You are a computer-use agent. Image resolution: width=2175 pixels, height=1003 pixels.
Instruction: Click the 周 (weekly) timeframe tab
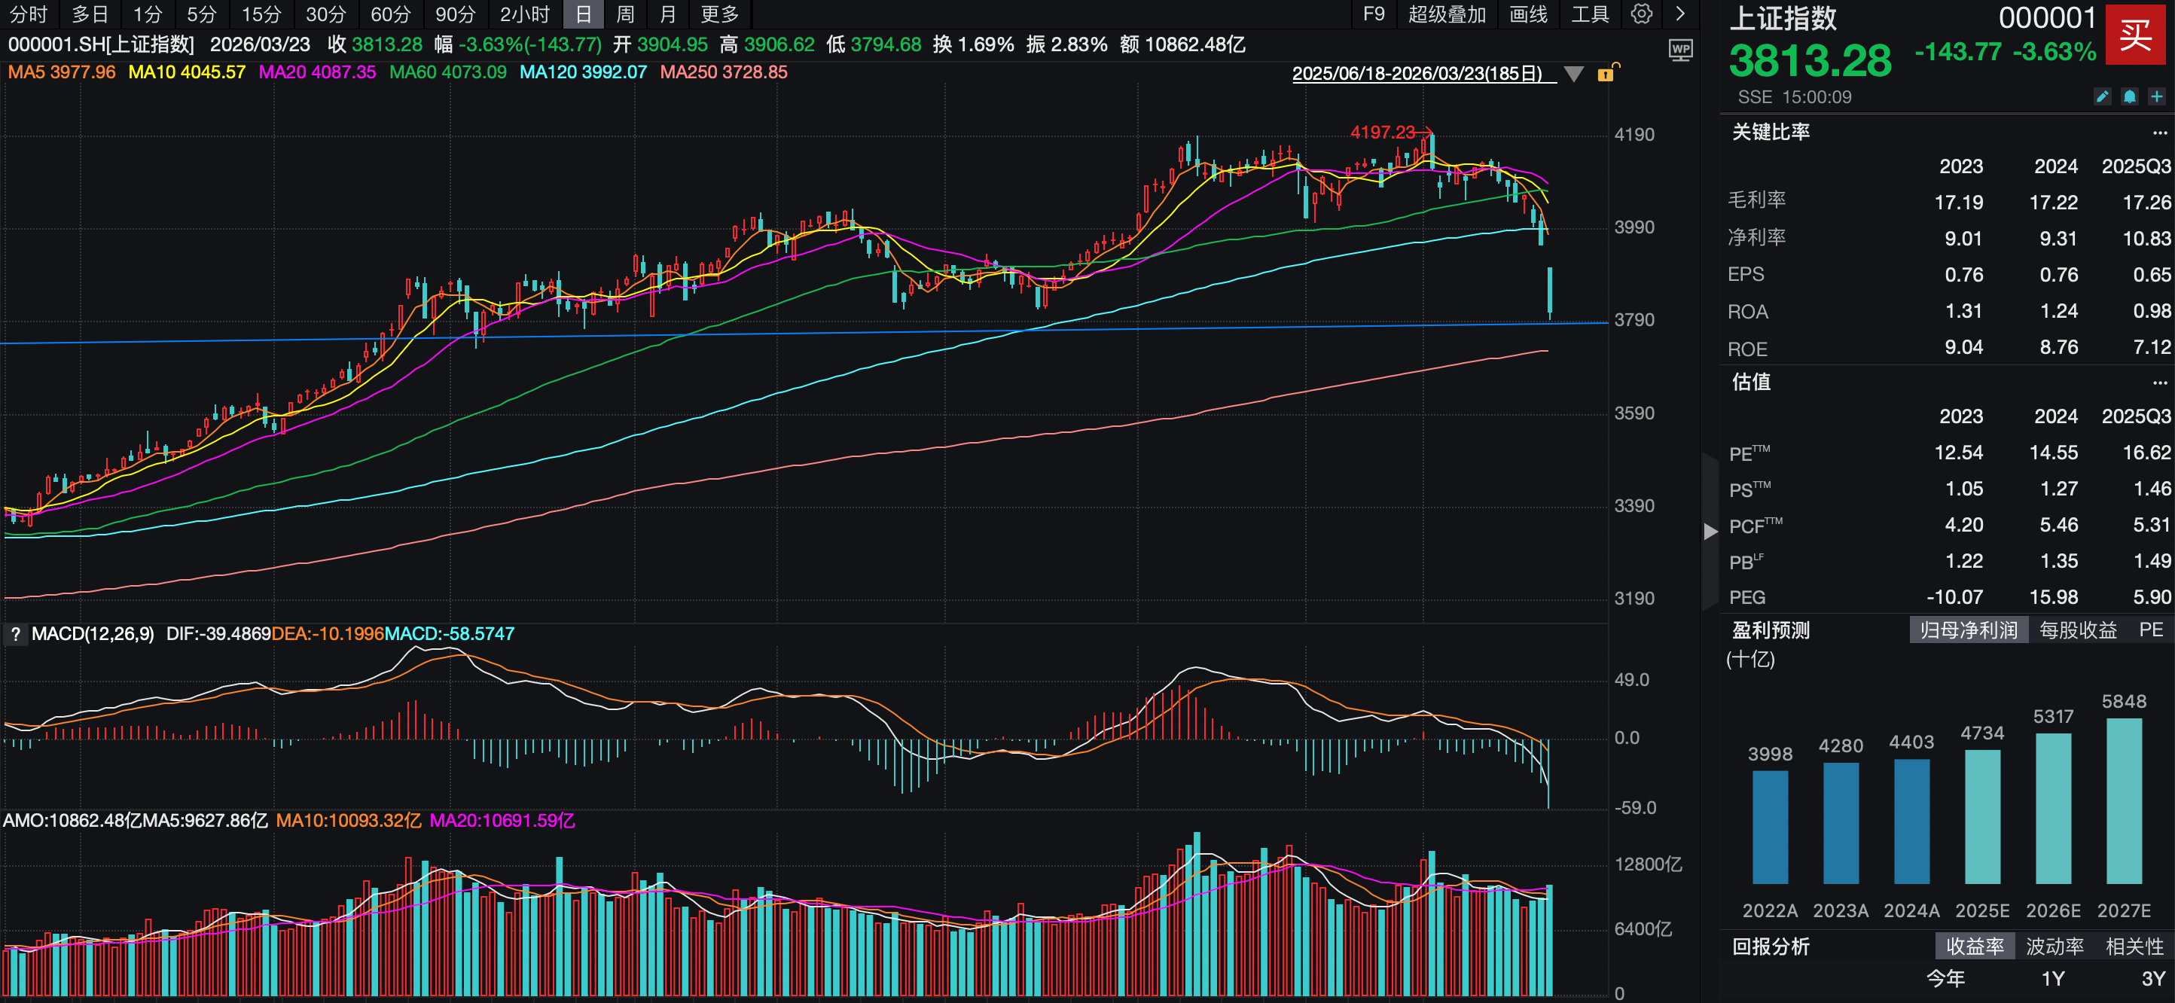pyautogui.click(x=625, y=14)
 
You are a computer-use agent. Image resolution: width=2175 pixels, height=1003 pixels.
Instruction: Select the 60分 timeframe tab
pyautogui.click(x=391, y=14)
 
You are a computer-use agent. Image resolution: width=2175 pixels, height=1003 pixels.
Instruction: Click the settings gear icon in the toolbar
pyautogui.click(x=1641, y=14)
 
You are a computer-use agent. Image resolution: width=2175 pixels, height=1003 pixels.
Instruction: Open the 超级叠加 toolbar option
pyautogui.click(x=1446, y=14)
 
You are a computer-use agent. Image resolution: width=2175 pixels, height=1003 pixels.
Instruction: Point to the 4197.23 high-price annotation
pyautogui.click(x=1382, y=133)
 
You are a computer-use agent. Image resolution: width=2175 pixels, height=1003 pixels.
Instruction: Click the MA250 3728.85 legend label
pyautogui.click(x=724, y=72)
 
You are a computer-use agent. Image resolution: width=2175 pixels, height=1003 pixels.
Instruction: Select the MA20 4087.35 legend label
pyautogui.click(x=318, y=72)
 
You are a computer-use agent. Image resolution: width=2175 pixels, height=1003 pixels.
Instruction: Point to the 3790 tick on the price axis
pyautogui.click(x=1634, y=320)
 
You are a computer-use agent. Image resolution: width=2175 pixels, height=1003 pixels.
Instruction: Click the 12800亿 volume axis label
pyautogui.click(x=1647, y=864)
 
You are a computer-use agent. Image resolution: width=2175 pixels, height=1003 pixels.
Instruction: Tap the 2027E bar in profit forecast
pyautogui.click(x=2124, y=800)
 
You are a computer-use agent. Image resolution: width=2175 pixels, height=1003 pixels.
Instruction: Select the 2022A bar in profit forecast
pyautogui.click(x=1770, y=827)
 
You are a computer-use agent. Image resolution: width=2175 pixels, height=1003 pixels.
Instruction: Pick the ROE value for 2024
pyautogui.click(x=2058, y=347)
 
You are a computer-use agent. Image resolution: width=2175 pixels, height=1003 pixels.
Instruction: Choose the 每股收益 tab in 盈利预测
pyautogui.click(x=2078, y=630)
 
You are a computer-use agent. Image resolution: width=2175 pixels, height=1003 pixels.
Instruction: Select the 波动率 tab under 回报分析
pyautogui.click(x=2055, y=947)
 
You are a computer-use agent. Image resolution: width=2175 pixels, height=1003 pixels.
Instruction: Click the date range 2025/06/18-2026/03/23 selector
pyautogui.click(x=1417, y=74)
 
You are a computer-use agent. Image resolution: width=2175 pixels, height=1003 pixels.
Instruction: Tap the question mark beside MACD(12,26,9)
pyautogui.click(x=15, y=634)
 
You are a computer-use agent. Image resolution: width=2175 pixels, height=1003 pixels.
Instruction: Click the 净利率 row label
pyautogui.click(x=1756, y=237)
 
